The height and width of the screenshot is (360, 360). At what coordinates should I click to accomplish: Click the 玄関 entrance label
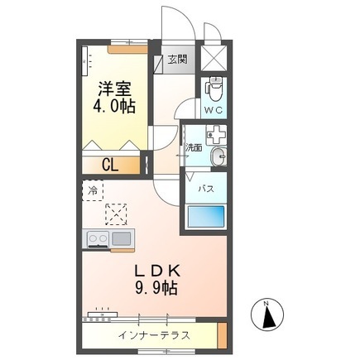[x=178, y=59]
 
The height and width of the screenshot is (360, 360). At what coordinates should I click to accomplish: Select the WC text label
[x=214, y=110]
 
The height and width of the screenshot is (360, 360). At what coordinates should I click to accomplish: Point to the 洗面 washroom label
[x=194, y=147]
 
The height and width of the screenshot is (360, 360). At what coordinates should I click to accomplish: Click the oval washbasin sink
[x=219, y=156]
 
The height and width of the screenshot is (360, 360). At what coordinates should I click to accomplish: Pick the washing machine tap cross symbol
[x=217, y=135]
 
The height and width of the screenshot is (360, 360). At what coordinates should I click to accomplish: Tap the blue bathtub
[x=206, y=216]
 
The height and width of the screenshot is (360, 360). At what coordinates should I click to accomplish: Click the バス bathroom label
[x=206, y=189]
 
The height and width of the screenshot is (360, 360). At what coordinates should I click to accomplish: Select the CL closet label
[x=110, y=166]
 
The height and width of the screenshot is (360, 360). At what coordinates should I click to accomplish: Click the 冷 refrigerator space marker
[x=93, y=190]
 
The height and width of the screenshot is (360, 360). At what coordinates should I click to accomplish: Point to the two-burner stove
[x=98, y=238]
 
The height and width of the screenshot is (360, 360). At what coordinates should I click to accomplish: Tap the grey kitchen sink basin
[x=121, y=238]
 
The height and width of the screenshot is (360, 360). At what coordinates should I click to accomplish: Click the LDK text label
[x=157, y=271]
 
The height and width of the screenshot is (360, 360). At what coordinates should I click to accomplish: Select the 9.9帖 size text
[x=156, y=288]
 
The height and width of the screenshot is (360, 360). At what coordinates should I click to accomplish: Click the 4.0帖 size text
[x=114, y=106]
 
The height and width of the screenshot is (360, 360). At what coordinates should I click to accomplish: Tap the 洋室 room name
[x=114, y=89]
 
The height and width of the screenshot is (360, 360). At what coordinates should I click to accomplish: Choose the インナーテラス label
[x=154, y=335]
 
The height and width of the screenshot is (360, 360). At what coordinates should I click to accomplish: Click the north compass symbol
[x=267, y=314]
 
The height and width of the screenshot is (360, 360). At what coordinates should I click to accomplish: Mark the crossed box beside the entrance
[x=214, y=59]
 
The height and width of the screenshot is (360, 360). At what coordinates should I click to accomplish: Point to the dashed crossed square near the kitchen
[x=116, y=214]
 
